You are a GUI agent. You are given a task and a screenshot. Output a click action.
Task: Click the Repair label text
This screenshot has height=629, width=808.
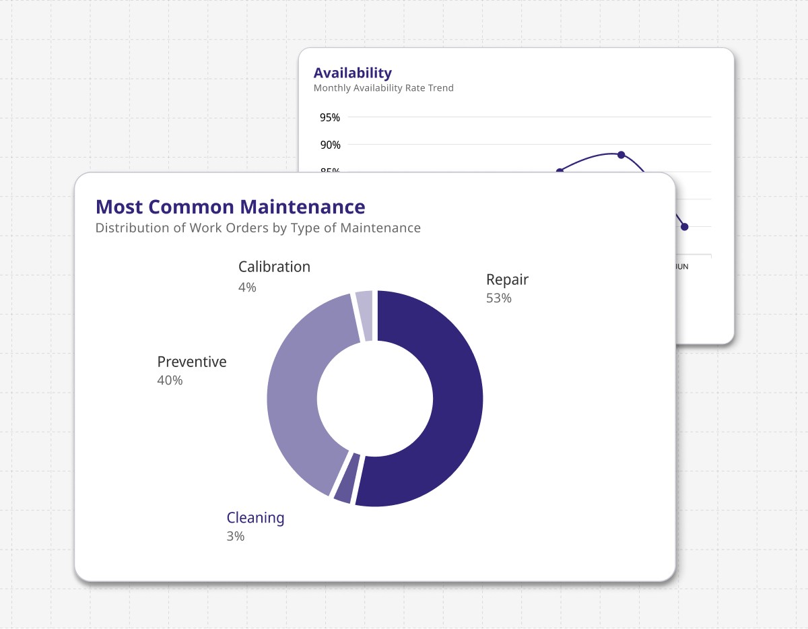pos(507,279)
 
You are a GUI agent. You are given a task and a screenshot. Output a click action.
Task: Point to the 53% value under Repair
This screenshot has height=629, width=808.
pos(498,298)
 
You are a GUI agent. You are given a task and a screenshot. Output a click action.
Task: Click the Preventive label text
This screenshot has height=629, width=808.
pos(192,362)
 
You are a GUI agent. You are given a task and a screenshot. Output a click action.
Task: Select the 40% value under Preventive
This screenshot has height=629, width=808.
pos(170,380)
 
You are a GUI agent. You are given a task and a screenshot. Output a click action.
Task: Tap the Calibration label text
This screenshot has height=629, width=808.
pos(274,267)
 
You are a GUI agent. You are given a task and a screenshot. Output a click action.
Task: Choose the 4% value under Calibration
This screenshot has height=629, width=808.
pos(247,288)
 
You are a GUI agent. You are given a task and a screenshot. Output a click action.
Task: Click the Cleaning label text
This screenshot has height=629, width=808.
pos(255,518)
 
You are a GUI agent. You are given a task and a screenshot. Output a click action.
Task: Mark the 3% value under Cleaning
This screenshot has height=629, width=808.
pos(235,537)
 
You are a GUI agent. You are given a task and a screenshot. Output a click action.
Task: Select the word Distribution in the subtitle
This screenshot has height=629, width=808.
pos(131,228)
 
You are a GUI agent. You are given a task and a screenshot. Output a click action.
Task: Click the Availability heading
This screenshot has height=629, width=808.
pos(352,73)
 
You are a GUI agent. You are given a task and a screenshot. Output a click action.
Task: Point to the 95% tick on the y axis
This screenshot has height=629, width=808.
pos(330,118)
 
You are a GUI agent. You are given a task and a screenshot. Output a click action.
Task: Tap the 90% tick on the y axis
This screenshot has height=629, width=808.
pos(330,145)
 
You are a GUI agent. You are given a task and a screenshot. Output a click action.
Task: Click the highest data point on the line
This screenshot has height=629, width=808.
pos(621,154)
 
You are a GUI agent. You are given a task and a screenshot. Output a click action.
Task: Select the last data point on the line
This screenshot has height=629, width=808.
pos(684,227)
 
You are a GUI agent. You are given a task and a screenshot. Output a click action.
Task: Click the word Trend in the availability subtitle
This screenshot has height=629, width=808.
pos(442,88)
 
